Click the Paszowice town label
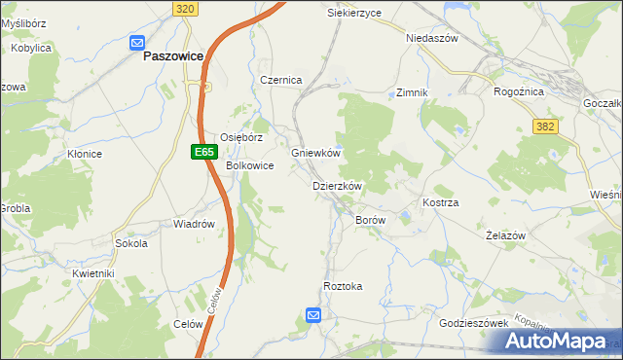172,56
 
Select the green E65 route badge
202,152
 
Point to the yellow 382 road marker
546,126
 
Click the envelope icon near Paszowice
137,42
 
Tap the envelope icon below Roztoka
313,314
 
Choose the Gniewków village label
315,154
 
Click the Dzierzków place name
337,186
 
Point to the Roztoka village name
343,286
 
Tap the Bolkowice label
250,166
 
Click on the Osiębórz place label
241,137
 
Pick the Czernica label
281,80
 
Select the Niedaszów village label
431,39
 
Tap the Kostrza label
440,202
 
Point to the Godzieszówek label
475,323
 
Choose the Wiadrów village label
194,224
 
